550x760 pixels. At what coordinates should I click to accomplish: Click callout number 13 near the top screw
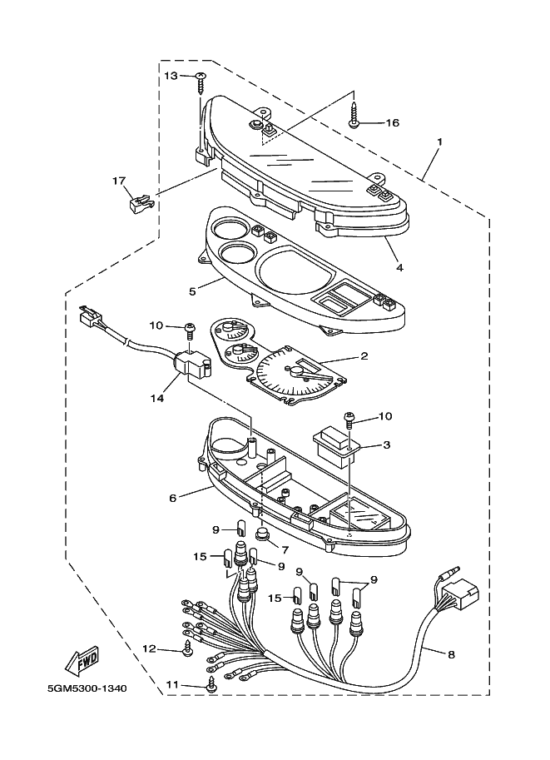click(x=171, y=76)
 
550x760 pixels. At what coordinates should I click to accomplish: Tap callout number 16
click(x=391, y=122)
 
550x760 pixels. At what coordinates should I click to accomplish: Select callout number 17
click(x=119, y=180)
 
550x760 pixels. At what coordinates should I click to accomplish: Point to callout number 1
click(x=439, y=142)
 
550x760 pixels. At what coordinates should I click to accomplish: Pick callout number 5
click(x=192, y=292)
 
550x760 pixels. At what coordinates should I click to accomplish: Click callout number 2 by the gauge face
click(x=364, y=356)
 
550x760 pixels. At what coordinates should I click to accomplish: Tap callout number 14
click(x=157, y=398)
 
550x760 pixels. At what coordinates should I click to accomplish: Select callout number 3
click(x=386, y=445)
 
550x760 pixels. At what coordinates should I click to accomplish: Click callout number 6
click(x=172, y=499)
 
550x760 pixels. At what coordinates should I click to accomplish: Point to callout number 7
click(x=285, y=549)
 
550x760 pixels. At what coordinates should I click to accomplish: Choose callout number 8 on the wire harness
click(x=451, y=654)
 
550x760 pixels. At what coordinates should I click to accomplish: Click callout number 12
click(x=149, y=648)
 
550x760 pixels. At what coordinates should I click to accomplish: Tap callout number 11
click(x=172, y=684)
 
